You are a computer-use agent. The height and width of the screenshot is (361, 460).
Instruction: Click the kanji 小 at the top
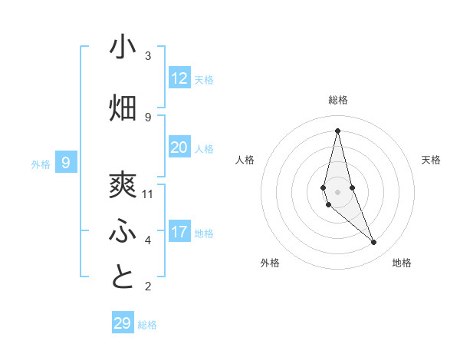pyautogui.click(x=123, y=47)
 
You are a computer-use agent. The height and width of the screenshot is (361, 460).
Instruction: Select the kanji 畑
pyautogui.click(x=123, y=108)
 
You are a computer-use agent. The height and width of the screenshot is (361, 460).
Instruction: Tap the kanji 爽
pyautogui.click(x=123, y=185)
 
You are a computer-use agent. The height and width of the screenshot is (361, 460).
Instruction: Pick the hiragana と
pyautogui.click(x=123, y=277)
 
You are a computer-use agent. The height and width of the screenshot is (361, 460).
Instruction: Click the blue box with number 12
pyautogui.click(x=179, y=78)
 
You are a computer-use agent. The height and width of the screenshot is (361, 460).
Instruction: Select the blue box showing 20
pyautogui.click(x=179, y=147)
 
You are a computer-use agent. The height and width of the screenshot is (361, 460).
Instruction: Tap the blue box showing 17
pyautogui.click(x=179, y=232)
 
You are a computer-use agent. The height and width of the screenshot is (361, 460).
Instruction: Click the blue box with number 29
pyautogui.click(x=123, y=323)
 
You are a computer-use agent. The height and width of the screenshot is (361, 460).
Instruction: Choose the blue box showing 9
pyautogui.click(x=66, y=163)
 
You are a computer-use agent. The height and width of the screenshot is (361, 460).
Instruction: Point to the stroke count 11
pyautogui.click(x=148, y=194)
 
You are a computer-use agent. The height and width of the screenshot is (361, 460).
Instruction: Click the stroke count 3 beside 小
pyautogui.click(x=148, y=56)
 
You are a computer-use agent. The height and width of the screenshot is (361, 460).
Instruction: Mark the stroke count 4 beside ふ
pyautogui.click(x=148, y=240)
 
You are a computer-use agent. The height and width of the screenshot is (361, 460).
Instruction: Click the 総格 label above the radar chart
pyautogui.click(x=338, y=100)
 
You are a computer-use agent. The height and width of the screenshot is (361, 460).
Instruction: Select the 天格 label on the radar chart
pyautogui.click(x=432, y=160)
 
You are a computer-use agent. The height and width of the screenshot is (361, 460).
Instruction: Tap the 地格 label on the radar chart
pyautogui.click(x=402, y=263)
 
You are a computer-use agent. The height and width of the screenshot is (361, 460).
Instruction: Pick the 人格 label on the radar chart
pyautogui.click(x=245, y=160)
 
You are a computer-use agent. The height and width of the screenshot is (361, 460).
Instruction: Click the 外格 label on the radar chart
pyautogui.click(x=270, y=263)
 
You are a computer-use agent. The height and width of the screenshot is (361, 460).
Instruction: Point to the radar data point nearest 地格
pyautogui.click(x=374, y=243)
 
